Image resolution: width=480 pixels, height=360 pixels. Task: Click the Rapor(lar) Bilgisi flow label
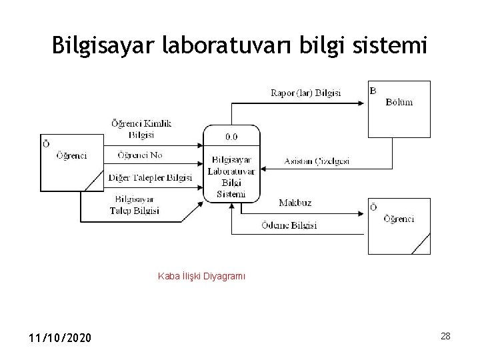tap(305, 93)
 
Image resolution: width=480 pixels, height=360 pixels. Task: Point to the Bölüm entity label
tap(399, 102)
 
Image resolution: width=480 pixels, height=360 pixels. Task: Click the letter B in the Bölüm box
tap(373, 90)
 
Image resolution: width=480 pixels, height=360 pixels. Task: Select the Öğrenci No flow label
tap(140, 155)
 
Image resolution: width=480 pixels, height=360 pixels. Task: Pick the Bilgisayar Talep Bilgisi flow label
tap(135, 205)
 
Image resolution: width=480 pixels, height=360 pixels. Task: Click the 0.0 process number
tap(231, 137)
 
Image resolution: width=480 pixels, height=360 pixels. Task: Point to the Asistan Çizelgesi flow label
tap(317, 161)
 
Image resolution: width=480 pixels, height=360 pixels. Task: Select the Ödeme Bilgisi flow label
tap(289, 225)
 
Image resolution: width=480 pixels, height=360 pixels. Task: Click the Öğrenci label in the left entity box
tap(71, 155)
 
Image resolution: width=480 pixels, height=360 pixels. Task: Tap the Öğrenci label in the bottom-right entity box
tap(398, 219)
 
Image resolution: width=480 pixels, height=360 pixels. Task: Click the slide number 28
tap(445, 336)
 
